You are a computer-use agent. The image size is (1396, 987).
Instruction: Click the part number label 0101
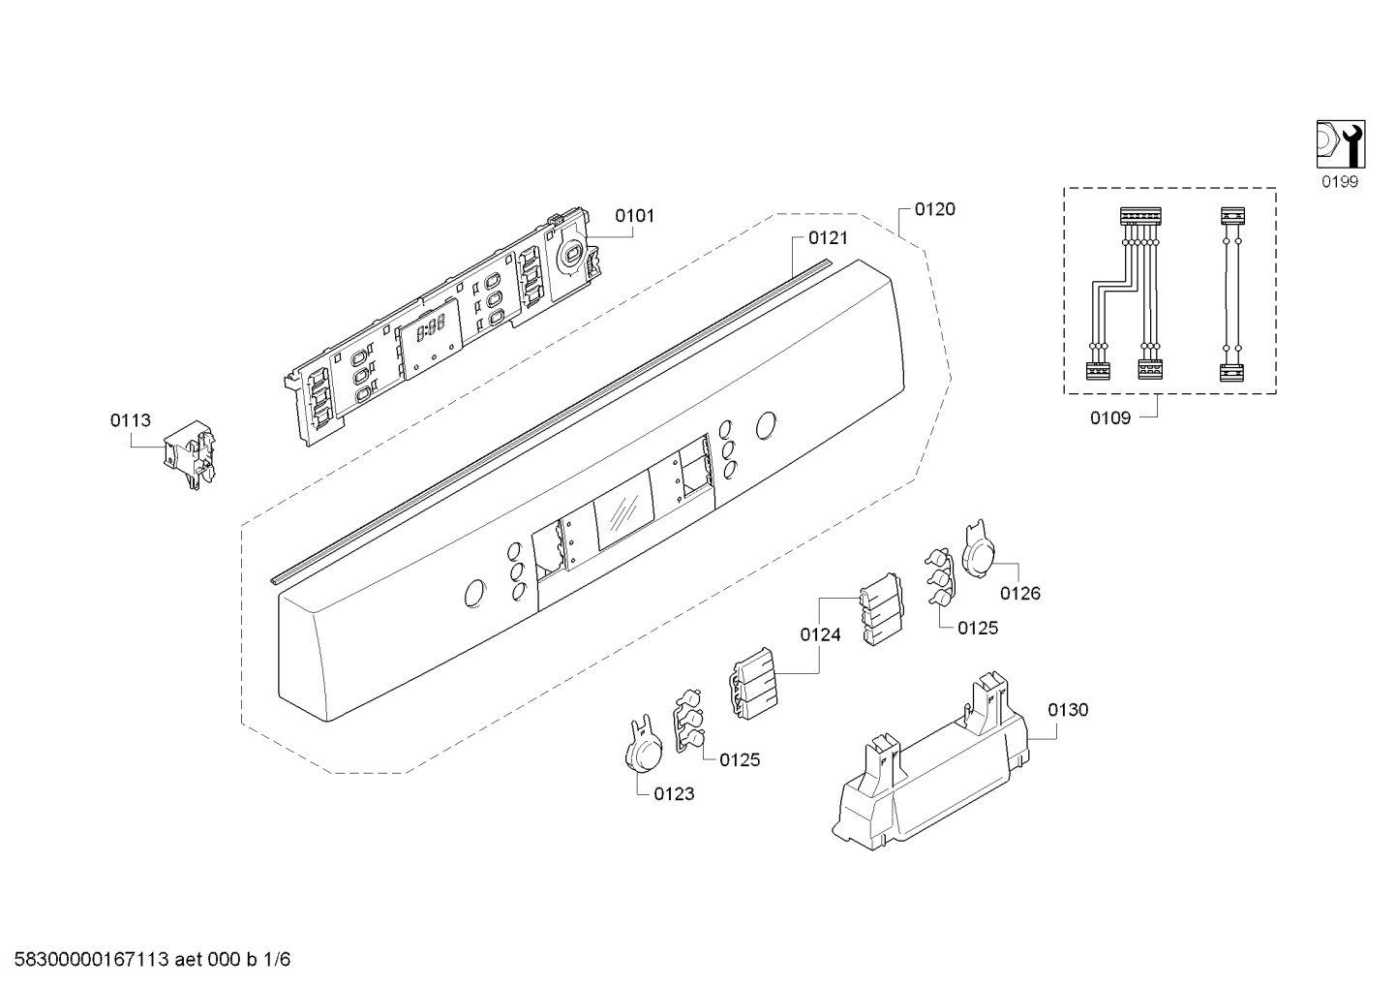[x=634, y=216]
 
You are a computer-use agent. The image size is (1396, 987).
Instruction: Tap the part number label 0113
[x=131, y=421]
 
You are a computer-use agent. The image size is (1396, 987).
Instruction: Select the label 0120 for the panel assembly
[x=935, y=209]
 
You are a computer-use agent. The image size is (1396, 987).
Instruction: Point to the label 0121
[x=828, y=238]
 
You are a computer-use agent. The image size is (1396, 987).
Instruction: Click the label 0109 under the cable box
[x=1110, y=418]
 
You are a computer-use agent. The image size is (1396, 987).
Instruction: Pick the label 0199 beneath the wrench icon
[x=1340, y=182]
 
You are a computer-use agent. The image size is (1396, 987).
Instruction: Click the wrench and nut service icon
[x=1341, y=144]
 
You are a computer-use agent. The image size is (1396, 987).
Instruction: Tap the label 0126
[x=1020, y=594]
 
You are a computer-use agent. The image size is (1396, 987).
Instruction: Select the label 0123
[x=674, y=794]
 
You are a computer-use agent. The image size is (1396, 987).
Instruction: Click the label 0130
[x=1068, y=710]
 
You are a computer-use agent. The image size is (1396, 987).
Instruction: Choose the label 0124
[x=820, y=635]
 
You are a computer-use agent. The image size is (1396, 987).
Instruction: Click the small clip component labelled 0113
[x=190, y=454]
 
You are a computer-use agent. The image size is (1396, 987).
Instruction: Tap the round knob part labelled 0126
[x=979, y=548]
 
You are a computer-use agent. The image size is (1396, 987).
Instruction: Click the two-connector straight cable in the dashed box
[x=1231, y=294]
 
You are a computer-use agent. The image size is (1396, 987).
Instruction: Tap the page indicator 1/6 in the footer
[x=277, y=960]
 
